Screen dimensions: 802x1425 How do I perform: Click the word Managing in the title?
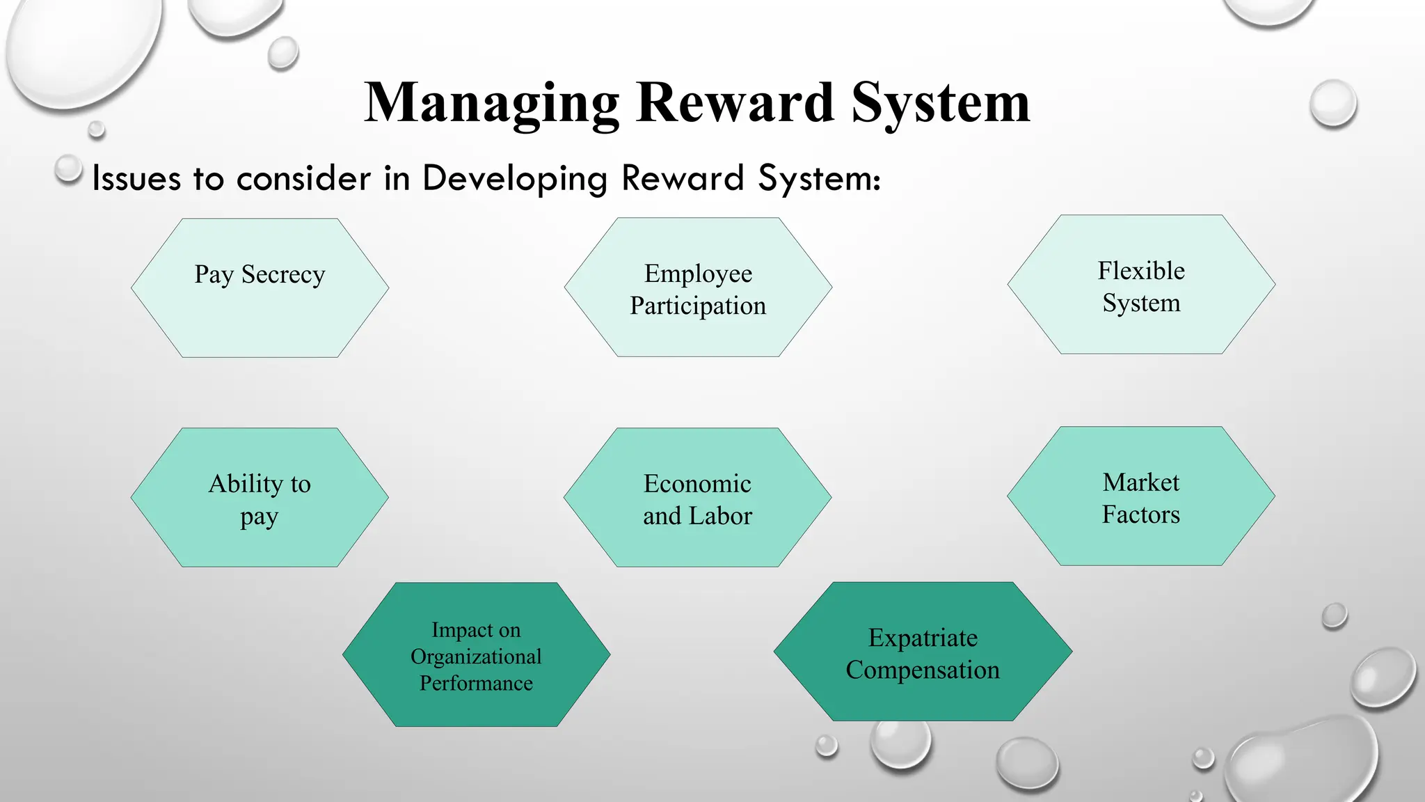491,103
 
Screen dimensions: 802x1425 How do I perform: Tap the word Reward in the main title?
735,103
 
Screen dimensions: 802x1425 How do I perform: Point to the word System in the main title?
940,103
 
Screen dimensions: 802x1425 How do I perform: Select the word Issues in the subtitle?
136,178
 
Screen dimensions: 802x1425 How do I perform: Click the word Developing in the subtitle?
515,178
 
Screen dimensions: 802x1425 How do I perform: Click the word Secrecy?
283,275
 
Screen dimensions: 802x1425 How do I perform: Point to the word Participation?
698,306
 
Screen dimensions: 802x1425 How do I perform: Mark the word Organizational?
476,656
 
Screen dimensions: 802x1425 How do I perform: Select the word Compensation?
923,670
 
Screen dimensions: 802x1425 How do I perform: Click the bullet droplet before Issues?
68,168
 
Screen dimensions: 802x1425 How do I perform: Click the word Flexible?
1141,270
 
